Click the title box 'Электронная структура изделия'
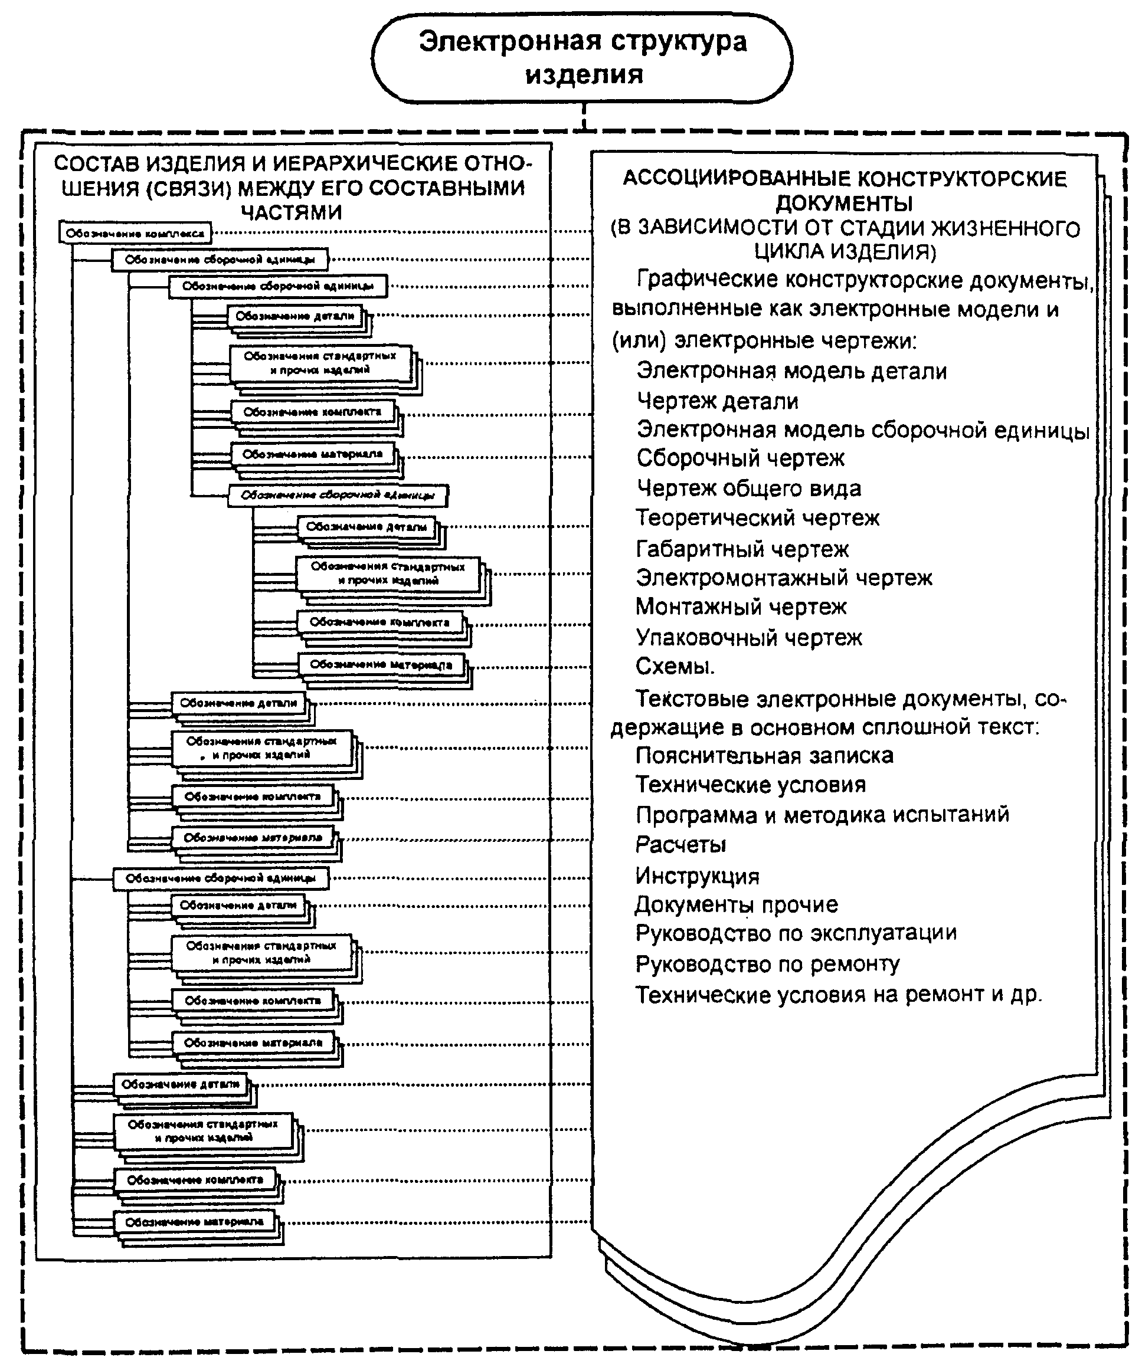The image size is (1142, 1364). click(x=583, y=58)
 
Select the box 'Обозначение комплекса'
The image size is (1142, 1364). click(x=135, y=233)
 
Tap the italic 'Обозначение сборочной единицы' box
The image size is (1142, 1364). click(x=338, y=496)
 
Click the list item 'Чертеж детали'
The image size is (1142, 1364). click(x=717, y=401)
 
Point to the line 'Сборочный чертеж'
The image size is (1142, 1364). click(x=740, y=458)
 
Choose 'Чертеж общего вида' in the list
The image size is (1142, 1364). click(x=748, y=488)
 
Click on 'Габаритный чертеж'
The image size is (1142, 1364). click(x=742, y=549)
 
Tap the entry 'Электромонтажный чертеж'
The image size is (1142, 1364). click(x=783, y=578)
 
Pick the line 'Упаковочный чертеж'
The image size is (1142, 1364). click(x=748, y=638)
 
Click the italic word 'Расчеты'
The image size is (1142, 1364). click(x=680, y=845)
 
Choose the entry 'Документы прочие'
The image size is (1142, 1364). click(x=736, y=905)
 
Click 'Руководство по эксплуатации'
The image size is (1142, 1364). click(x=796, y=933)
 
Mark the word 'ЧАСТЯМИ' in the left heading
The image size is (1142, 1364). click(x=291, y=212)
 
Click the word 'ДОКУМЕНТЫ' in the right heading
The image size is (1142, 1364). click(x=844, y=204)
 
